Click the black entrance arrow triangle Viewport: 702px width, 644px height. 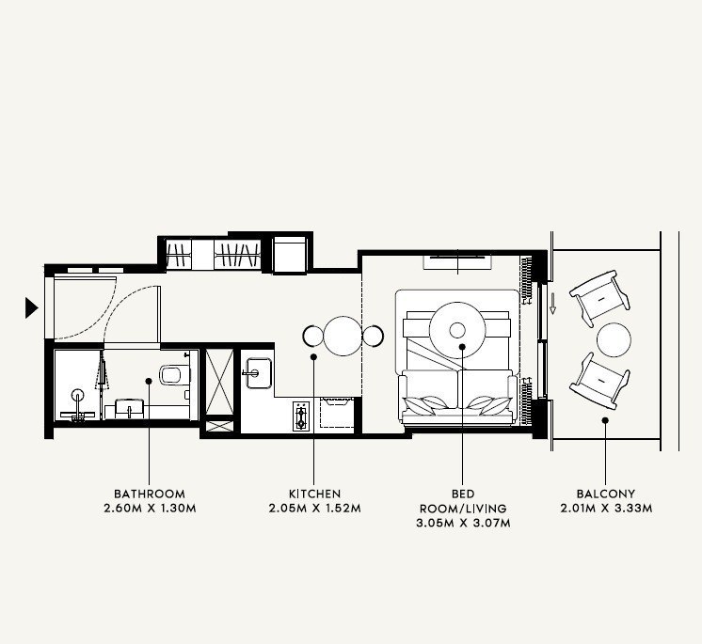[31, 307]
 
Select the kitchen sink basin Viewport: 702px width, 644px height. [259, 372]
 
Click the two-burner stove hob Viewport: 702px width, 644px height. [301, 416]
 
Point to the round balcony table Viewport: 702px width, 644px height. [614, 340]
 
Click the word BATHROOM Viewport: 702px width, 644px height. [150, 494]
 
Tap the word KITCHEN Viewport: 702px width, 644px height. [314, 494]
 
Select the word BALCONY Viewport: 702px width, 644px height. [606, 494]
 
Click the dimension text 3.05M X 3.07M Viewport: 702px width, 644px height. [463, 523]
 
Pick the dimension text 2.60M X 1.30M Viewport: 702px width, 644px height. [150, 509]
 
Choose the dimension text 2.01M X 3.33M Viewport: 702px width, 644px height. [606, 509]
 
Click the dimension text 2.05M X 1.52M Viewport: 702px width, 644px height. [314, 509]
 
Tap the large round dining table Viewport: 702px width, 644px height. [343, 336]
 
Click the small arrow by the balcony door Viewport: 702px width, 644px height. [553, 304]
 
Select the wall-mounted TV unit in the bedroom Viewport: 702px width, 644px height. [457, 261]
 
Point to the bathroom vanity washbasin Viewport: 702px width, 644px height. [129, 409]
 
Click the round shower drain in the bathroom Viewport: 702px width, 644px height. [78, 395]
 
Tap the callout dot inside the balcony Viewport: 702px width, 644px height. [605, 420]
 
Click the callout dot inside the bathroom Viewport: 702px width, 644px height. [149, 381]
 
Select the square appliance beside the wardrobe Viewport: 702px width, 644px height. [290, 255]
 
